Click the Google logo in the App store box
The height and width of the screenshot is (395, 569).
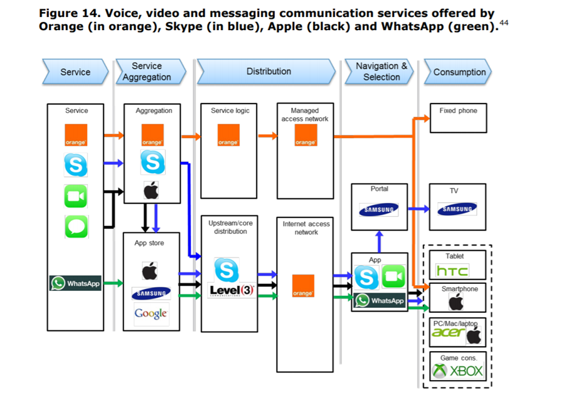tap(151, 313)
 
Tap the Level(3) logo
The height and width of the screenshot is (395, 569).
tap(231, 290)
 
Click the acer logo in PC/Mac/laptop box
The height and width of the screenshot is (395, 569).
tap(449, 332)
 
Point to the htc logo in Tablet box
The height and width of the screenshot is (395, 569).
tap(452, 270)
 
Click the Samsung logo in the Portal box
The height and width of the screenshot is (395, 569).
tap(379, 210)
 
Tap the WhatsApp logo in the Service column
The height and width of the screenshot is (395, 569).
tap(76, 283)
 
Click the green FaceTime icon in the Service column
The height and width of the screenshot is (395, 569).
tap(76, 197)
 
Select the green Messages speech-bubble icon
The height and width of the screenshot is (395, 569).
tap(76, 226)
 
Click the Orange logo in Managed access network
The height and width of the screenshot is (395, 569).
tap(305, 135)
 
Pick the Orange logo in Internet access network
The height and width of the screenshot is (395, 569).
tap(303, 286)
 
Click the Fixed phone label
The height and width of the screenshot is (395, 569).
tap(458, 111)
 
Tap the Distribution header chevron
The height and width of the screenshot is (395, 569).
tap(268, 72)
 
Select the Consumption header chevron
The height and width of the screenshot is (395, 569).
tap(459, 72)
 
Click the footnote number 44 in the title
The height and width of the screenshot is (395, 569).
tap(503, 23)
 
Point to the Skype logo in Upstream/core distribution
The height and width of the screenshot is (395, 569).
tap(226, 269)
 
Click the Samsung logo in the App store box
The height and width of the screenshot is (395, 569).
tap(151, 292)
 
